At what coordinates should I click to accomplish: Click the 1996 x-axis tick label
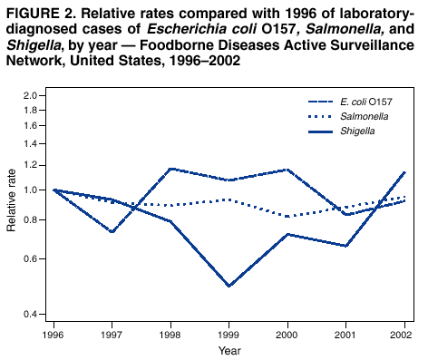pyautogui.click(x=53, y=334)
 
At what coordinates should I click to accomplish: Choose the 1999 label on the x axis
pyautogui.click(x=229, y=334)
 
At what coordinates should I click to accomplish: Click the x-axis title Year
pyautogui.click(x=229, y=349)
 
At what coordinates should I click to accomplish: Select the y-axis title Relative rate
pyautogui.click(x=11, y=204)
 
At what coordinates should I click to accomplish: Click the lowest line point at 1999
pyautogui.click(x=229, y=286)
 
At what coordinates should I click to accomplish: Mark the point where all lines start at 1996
pyautogui.click(x=53, y=190)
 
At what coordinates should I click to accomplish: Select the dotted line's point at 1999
pyautogui.click(x=229, y=199)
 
